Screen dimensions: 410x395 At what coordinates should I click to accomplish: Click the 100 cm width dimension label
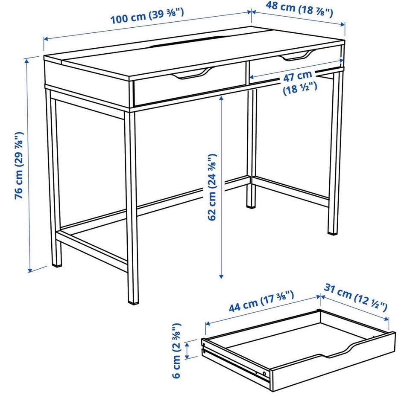click(x=147, y=16)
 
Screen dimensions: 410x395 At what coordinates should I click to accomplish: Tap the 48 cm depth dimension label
click(x=299, y=9)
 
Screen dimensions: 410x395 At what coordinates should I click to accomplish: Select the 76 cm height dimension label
click(x=19, y=166)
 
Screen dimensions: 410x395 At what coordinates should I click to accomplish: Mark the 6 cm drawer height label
click(x=176, y=351)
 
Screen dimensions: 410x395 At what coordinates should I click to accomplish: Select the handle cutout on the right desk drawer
click(x=297, y=56)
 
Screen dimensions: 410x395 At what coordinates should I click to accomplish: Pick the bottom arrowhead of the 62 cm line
click(x=221, y=276)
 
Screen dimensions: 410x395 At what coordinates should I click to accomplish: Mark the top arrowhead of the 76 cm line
click(x=27, y=61)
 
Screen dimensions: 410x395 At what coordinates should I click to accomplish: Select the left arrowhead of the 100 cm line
click(x=46, y=39)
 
